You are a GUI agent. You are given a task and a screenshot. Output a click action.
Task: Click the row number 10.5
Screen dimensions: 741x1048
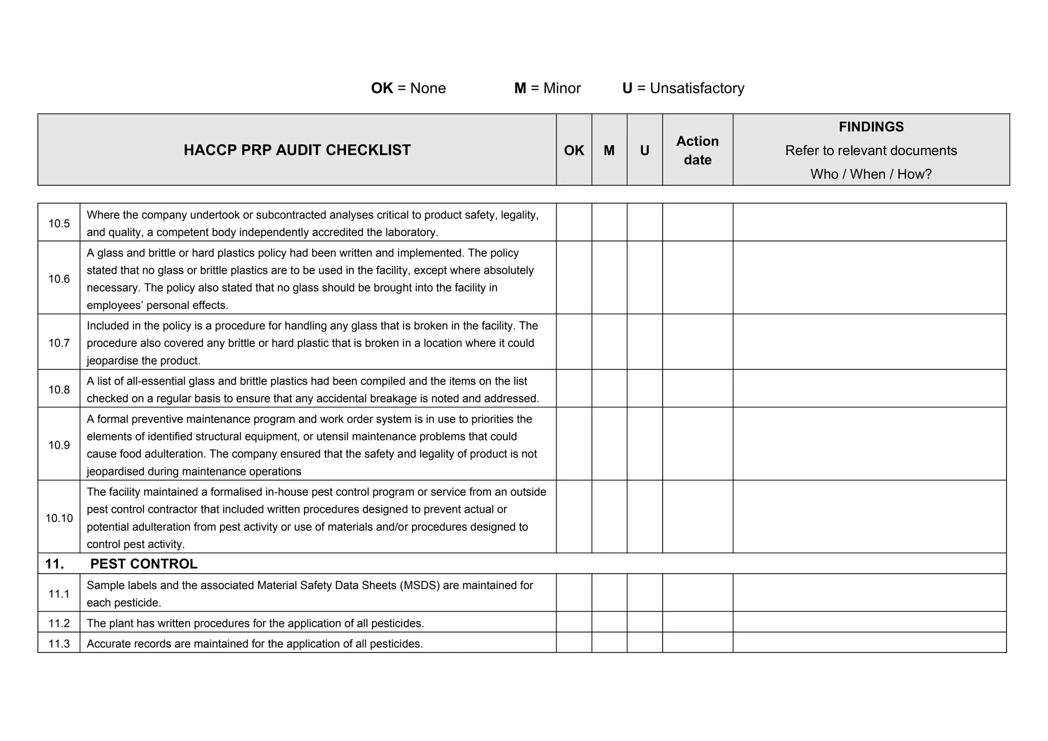click(x=59, y=224)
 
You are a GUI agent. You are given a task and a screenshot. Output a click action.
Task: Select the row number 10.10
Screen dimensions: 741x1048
click(x=59, y=518)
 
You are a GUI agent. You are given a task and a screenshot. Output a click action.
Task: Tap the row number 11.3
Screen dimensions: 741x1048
click(x=59, y=643)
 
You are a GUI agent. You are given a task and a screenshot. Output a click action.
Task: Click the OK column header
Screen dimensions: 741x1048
click(x=574, y=150)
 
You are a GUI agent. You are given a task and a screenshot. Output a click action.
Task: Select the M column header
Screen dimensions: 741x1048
click(x=609, y=150)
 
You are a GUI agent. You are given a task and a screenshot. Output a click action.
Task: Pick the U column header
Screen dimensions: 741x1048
click(x=644, y=150)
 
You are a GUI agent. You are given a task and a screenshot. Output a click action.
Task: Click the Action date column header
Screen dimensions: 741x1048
click(x=697, y=150)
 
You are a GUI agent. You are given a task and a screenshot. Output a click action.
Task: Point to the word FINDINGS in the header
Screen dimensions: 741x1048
click(x=871, y=126)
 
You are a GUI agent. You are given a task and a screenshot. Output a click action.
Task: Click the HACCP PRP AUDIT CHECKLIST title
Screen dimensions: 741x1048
click(x=297, y=150)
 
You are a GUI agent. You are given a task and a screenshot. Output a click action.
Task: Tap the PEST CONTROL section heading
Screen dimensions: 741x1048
click(x=143, y=564)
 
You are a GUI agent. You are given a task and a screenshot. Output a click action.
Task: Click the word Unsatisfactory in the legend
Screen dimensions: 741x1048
click(x=697, y=88)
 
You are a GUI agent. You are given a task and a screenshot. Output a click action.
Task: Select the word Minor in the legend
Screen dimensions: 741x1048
click(x=562, y=88)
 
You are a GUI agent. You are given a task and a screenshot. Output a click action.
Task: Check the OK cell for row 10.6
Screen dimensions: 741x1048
click(x=574, y=277)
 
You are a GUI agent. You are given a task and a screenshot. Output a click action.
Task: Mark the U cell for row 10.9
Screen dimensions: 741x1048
click(x=644, y=444)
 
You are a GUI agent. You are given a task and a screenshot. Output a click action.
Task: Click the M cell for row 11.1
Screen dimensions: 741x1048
click(x=609, y=593)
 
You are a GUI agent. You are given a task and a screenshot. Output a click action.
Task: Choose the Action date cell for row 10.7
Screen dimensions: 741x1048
click(x=697, y=342)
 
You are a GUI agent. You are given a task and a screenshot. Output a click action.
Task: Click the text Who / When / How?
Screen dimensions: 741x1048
click(x=871, y=174)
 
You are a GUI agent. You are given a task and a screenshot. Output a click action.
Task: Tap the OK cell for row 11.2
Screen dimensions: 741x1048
click(x=574, y=622)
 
